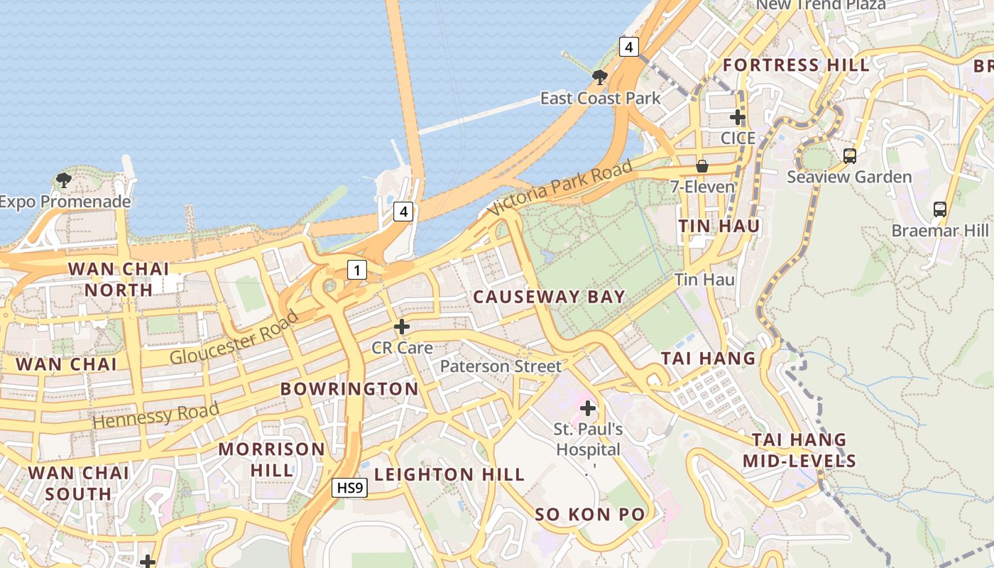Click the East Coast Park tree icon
pyautogui.click(x=600, y=77)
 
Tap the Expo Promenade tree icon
pyautogui.click(x=64, y=180)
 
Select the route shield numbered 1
pyautogui.click(x=356, y=270)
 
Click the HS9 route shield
pyautogui.click(x=350, y=488)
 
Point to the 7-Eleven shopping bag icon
pyautogui.click(x=702, y=166)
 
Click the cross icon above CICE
pyautogui.click(x=738, y=116)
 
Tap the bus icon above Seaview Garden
pyautogui.click(x=849, y=155)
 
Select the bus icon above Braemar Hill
pyautogui.click(x=939, y=209)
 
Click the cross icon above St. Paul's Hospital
pyautogui.click(x=588, y=408)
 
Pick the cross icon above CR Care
pyautogui.click(x=402, y=327)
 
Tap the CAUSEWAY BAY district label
pyautogui.click(x=549, y=297)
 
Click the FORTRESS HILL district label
pyautogui.click(x=795, y=65)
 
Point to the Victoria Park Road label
pyautogui.click(x=560, y=188)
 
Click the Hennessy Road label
pyautogui.click(x=156, y=415)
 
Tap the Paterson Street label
pyautogui.click(x=501, y=366)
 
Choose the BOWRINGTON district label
pyautogui.click(x=349, y=389)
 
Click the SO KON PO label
pyautogui.click(x=590, y=514)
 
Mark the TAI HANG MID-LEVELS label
pyautogui.click(x=799, y=450)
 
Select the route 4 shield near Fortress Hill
pyautogui.click(x=628, y=48)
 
